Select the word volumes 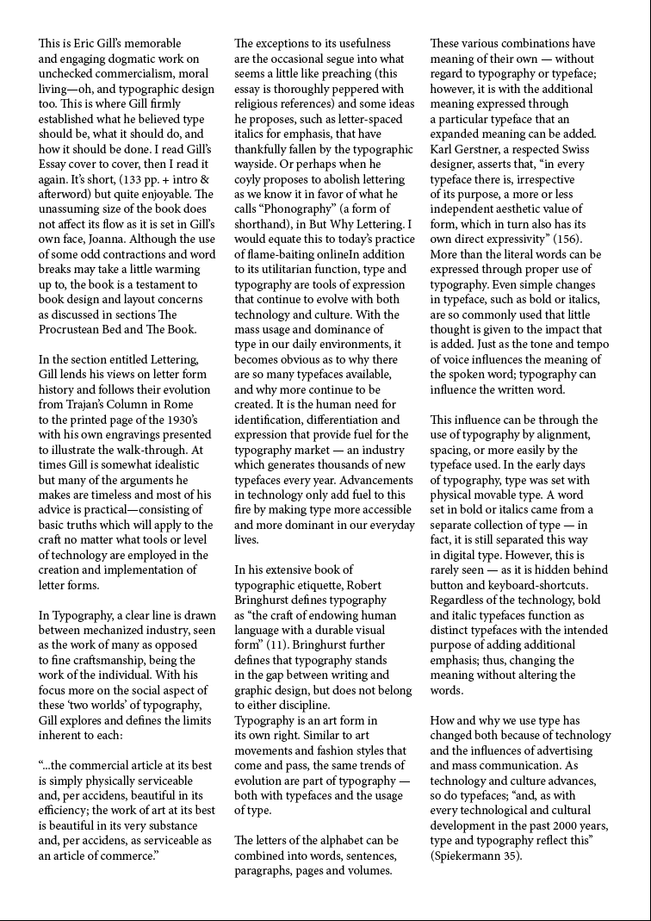[x=368, y=871]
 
